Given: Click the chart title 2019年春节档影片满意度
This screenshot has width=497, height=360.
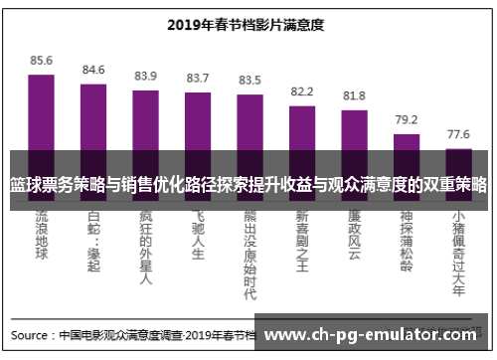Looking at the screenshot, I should click(x=248, y=25).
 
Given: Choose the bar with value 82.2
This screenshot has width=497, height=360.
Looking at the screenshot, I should click(x=302, y=127).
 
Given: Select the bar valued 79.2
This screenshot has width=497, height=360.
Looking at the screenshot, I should click(x=407, y=142).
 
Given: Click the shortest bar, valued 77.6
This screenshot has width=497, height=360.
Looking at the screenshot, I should click(x=458, y=150).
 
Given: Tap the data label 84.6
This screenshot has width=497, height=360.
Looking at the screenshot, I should click(x=93, y=70).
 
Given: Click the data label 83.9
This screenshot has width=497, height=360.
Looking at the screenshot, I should click(x=145, y=76).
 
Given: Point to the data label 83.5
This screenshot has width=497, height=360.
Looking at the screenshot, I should click(x=249, y=80).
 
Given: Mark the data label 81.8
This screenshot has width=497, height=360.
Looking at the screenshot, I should click(x=354, y=95).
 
